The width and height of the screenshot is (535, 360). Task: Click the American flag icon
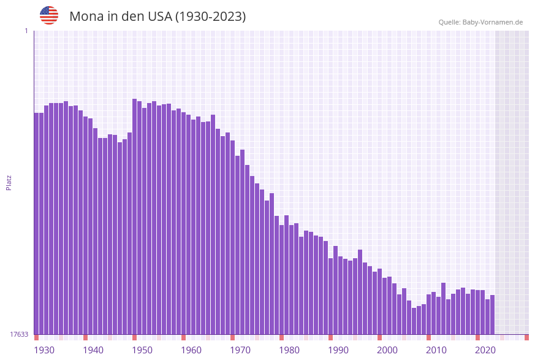tap(49, 15)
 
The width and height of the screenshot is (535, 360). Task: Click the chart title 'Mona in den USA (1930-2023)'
tap(157, 17)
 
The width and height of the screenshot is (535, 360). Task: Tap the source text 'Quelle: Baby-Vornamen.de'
tap(480, 22)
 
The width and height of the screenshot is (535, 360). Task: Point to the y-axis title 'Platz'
tap(9, 182)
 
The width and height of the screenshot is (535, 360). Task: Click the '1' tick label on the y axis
tap(26, 31)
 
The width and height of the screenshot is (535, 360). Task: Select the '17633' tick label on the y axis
tap(18, 334)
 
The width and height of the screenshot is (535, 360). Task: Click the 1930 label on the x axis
tap(44, 350)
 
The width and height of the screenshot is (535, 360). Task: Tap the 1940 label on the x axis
tap(93, 350)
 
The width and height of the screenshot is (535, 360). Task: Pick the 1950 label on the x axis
tap(142, 350)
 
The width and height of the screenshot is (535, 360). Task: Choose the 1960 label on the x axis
tap(191, 350)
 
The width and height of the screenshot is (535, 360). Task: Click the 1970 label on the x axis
tap(240, 350)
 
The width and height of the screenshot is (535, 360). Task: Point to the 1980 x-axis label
tap(289, 350)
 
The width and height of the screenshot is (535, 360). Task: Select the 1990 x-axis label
tap(338, 350)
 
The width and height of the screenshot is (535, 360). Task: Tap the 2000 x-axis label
tap(387, 350)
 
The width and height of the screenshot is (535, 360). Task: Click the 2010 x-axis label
tap(436, 350)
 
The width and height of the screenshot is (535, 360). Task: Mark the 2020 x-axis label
tap(485, 350)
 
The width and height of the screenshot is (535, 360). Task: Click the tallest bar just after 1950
tap(135, 215)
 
